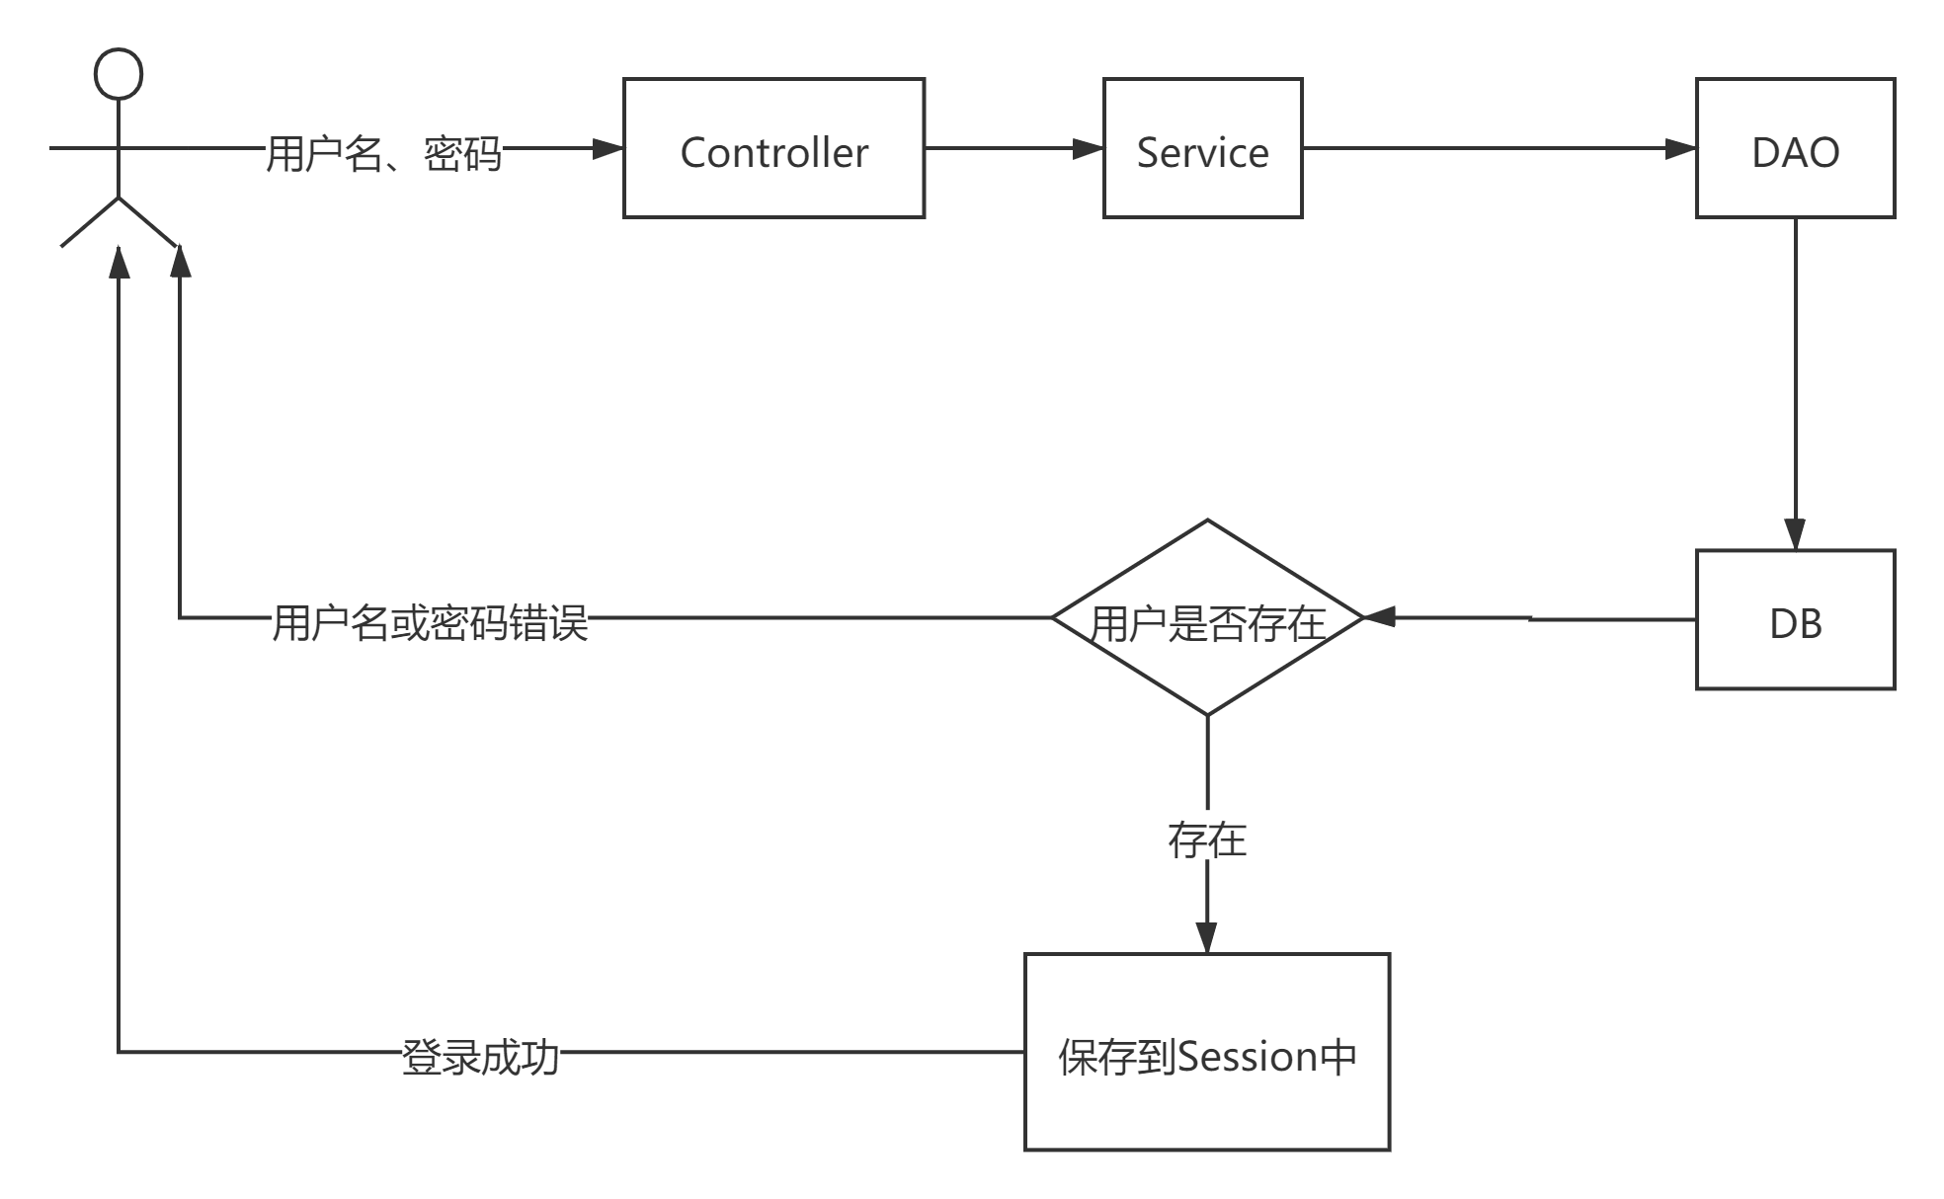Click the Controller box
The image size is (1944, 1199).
pos(773,148)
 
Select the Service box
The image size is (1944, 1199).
pos(1202,148)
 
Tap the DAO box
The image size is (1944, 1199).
pos(1795,148)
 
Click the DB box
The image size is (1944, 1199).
pos(1795,619)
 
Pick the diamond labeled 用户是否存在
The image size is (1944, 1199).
pos(1207,618)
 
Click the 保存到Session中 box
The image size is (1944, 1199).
pos(1206,1052)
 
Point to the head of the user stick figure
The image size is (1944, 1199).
pos(119,74)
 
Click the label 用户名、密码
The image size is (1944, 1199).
pos(383,149)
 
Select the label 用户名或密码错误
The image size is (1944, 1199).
pos(430,619)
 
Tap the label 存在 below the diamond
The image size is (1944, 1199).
pos(1207,836)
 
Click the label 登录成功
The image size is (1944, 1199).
pos(481,1053)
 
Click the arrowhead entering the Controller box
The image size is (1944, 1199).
pos(607,149)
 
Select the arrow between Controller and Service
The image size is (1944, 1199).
pos(1012,149)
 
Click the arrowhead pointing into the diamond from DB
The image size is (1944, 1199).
pos(1379,617)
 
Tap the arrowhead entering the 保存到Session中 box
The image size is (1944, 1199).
pos(1206,936)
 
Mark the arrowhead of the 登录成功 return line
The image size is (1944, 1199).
pos(119,262)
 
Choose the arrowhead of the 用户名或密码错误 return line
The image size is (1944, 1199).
pos(180,262)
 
